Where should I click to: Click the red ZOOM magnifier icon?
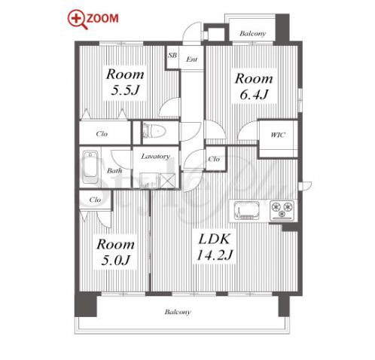coord(78,20)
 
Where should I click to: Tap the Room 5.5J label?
coord(125,82)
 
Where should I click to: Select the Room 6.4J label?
coord(254,87)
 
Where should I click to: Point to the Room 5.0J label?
coord(115,252)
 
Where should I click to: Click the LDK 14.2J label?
coord(214,247)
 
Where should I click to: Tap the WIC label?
coord(278,135)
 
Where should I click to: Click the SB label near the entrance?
coord(172,55)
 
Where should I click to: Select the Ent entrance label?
coord(192,59)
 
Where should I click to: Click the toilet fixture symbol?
coord(154,130)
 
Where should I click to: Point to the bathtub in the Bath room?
coord(90,166)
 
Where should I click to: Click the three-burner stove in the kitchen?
coord(282,210)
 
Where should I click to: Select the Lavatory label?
coord(156,157)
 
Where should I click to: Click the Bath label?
coord(114,171)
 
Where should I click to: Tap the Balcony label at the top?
coord(252,33)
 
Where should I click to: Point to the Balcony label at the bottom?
coord(178,312)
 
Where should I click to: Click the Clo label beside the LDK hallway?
coord(214,159)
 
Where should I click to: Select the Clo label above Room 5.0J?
coord(95,200)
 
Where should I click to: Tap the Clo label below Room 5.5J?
coord(102,134)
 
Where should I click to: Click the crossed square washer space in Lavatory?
coord(168,180)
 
